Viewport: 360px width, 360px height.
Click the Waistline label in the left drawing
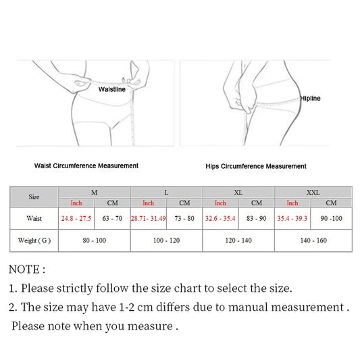112,89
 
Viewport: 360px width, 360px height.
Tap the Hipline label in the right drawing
310,99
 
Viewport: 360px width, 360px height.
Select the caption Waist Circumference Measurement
86,165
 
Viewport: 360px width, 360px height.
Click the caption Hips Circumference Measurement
256,166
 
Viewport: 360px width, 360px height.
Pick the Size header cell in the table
34,197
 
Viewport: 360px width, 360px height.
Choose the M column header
94,192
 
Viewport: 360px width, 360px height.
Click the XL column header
238,192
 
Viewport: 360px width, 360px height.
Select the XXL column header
313,192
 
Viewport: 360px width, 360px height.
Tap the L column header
166,192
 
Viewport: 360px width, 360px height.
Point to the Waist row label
34,219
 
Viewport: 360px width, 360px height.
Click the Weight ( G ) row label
34,240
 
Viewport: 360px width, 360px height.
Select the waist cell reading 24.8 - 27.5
76,219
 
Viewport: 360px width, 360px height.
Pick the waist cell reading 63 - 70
112,219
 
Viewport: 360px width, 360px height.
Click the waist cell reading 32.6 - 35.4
220,219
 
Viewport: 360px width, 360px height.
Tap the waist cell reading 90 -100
332,219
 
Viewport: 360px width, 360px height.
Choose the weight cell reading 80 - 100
94,240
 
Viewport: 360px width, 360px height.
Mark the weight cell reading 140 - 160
312,240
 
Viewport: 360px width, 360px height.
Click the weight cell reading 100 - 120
166,240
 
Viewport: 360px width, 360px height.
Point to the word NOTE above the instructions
26,269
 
